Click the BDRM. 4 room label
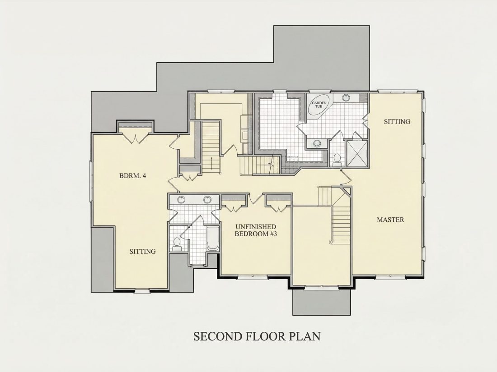coord(132,175)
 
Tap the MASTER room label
coord(390,220)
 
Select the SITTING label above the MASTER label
coord(397,121)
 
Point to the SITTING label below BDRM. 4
coord(143,252)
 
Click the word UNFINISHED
coord(256,227)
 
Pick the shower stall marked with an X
coord(357,153)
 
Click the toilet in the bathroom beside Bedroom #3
coord(176,243)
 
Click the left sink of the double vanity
coord(181,200)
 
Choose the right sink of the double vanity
coord(208,200)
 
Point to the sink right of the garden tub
coord(346,98)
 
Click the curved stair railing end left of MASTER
coord(331,242)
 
